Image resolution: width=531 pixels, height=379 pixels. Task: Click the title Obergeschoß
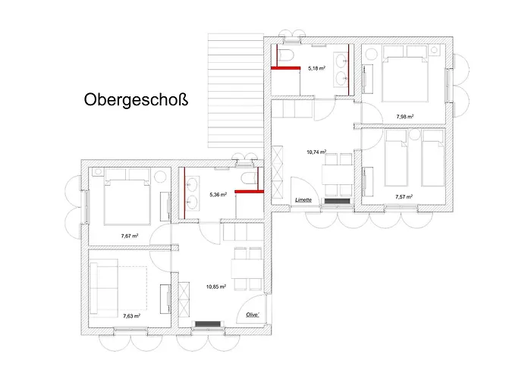point(135,99)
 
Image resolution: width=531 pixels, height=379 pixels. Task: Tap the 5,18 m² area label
point(316,68)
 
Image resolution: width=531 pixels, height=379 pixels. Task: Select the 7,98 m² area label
point(405,117)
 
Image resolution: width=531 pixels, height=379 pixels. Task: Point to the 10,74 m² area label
point(316,152)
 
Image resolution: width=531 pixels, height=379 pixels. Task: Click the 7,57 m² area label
point(404,197)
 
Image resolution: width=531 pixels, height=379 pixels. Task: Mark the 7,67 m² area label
point(130,236)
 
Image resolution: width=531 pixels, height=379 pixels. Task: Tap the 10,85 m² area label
point(216,287)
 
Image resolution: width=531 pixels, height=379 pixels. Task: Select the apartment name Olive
point(253,314)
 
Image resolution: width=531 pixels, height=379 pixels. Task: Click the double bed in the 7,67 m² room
point(123,199)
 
